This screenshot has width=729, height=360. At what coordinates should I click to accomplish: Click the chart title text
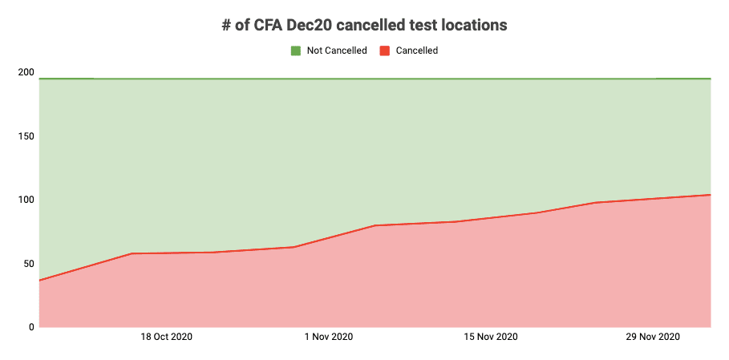tap(364, 25)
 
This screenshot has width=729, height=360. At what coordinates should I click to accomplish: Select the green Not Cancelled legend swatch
tap(295, 51)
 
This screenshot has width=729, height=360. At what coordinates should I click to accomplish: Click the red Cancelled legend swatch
tap(384, 51)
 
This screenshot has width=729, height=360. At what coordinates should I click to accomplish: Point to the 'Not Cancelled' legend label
tap(337, 51)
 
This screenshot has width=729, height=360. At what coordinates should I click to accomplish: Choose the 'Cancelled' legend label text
tap(417, 51)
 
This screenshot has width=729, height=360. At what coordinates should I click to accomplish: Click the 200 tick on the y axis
tap(26, 72)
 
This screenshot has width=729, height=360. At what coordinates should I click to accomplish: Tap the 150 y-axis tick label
tap(26, 136)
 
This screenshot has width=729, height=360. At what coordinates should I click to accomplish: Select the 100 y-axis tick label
tap(26, 200)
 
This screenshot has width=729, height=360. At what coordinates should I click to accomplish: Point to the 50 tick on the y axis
tap(29, 264)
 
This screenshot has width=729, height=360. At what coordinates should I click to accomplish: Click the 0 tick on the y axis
tap(31, 327)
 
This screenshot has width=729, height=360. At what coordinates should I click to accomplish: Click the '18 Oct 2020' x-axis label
tap(166, 338)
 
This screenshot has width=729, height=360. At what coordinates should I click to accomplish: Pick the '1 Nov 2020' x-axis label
tap(329, 338)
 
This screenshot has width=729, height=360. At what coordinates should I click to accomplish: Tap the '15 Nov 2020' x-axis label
tap(491, 338)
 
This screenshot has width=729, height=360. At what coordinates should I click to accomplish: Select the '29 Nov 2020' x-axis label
tap(653, 338)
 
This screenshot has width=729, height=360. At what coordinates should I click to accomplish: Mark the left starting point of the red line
tap(39, 281)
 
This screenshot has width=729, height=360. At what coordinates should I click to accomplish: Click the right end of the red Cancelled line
tap(711, 195)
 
